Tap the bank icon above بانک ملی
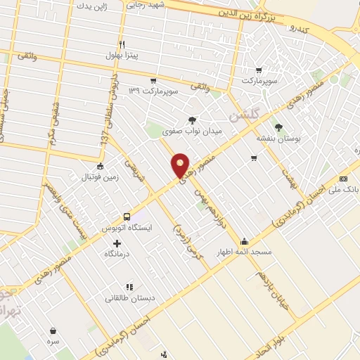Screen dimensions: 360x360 (344, 179)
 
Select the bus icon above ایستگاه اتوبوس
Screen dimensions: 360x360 (127, 217)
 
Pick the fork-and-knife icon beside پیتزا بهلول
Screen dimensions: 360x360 (122, 43)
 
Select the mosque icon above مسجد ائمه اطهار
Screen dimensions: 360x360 (243, 240)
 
